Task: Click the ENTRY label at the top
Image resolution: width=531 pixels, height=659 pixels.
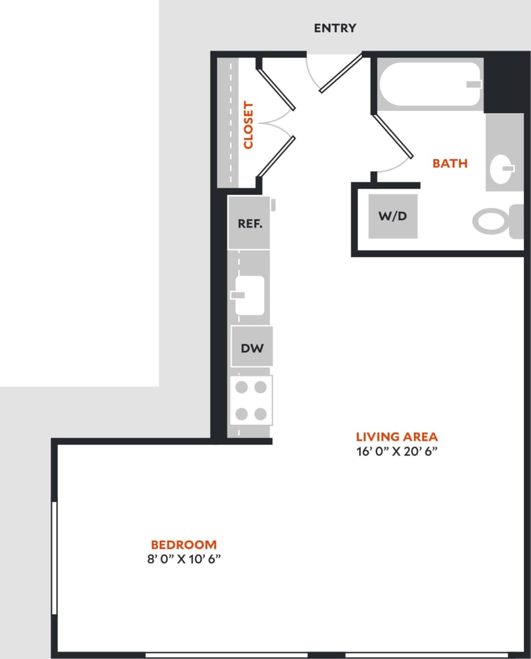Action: click(x=335, y=28)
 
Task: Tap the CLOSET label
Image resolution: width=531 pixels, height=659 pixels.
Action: click(x=248, y=125)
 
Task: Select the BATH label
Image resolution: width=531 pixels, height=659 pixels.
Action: click(x=449, y=163)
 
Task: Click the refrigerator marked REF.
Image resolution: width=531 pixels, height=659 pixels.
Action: click(x=249, y=224)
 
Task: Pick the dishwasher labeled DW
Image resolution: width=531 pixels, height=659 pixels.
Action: click(x=251, y=348)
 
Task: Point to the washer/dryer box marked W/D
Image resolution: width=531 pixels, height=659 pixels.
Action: click(x=393, y=216)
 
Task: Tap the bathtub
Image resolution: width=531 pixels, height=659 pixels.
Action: click(x=430, y=84)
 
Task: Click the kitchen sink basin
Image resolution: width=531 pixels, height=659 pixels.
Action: click(x=249, y=295)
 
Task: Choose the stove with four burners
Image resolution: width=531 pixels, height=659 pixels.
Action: click(x=251, y=400)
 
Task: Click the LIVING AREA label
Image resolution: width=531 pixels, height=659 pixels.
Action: click(x=396, y=436)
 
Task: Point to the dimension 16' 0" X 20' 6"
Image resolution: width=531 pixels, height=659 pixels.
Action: click(x=397, y=451)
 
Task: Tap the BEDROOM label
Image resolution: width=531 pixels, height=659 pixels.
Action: click(x=184, y=545)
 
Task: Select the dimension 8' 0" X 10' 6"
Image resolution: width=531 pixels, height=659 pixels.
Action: click(x=184, y=559)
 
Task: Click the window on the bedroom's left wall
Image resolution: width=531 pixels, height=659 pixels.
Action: click(x=54, y=557)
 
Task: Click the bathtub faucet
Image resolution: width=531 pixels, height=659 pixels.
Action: click(x=473, y=84)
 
